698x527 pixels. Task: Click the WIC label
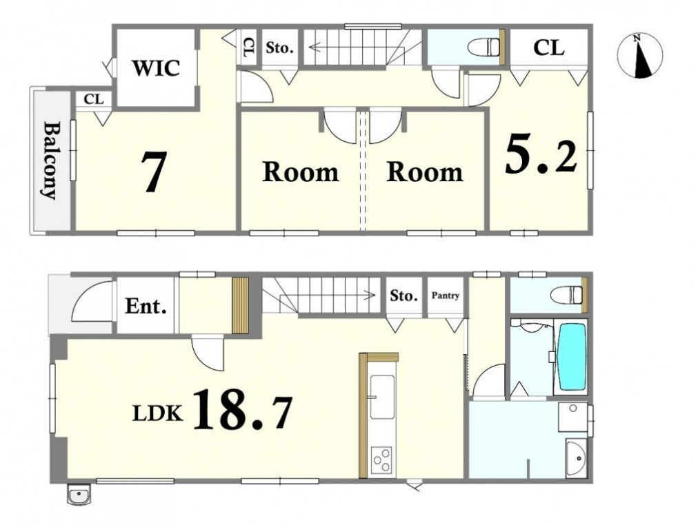[x=156, y=68]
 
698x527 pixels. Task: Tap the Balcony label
[x=50, y=160]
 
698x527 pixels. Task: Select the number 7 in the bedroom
[x=154, y=172]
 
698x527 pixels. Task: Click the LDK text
[x=158, y=414]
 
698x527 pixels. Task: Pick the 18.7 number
[x=243, y=410]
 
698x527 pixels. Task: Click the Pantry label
[x=445, y=296]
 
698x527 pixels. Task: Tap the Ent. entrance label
[x=146, y=306]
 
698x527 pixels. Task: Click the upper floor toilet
[x=485, y=46]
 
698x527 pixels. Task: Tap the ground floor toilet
[x=567, y=295]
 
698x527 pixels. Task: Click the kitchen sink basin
[x=382, y=397]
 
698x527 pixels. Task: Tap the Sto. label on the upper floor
[x=279, y=48]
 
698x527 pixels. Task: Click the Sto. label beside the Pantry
[x=403, y=296]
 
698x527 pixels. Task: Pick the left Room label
[x=301, y=172]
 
